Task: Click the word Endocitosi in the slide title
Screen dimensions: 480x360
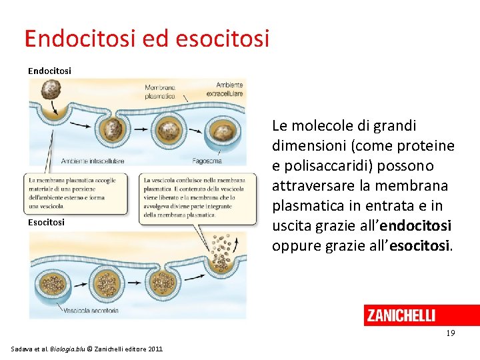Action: [x=79, y=39]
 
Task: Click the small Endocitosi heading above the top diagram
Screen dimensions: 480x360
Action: [x=49, y=70]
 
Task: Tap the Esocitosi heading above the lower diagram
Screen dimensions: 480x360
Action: [x=46, y=222]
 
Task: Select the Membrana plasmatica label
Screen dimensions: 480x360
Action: [x=160, y=91]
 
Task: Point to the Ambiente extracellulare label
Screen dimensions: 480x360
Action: [x=229, y=89]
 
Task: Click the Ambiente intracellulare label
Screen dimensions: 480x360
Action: [x=93, y=161]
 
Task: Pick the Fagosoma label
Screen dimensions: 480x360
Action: [x=207, y=161]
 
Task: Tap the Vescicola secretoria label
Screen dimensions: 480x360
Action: [x=92, y=310]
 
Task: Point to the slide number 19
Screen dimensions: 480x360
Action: [x=451, y=333]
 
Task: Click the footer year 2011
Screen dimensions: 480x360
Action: [x=154, y=349]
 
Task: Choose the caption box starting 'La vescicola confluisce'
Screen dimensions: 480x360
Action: [x=198, y=197]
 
